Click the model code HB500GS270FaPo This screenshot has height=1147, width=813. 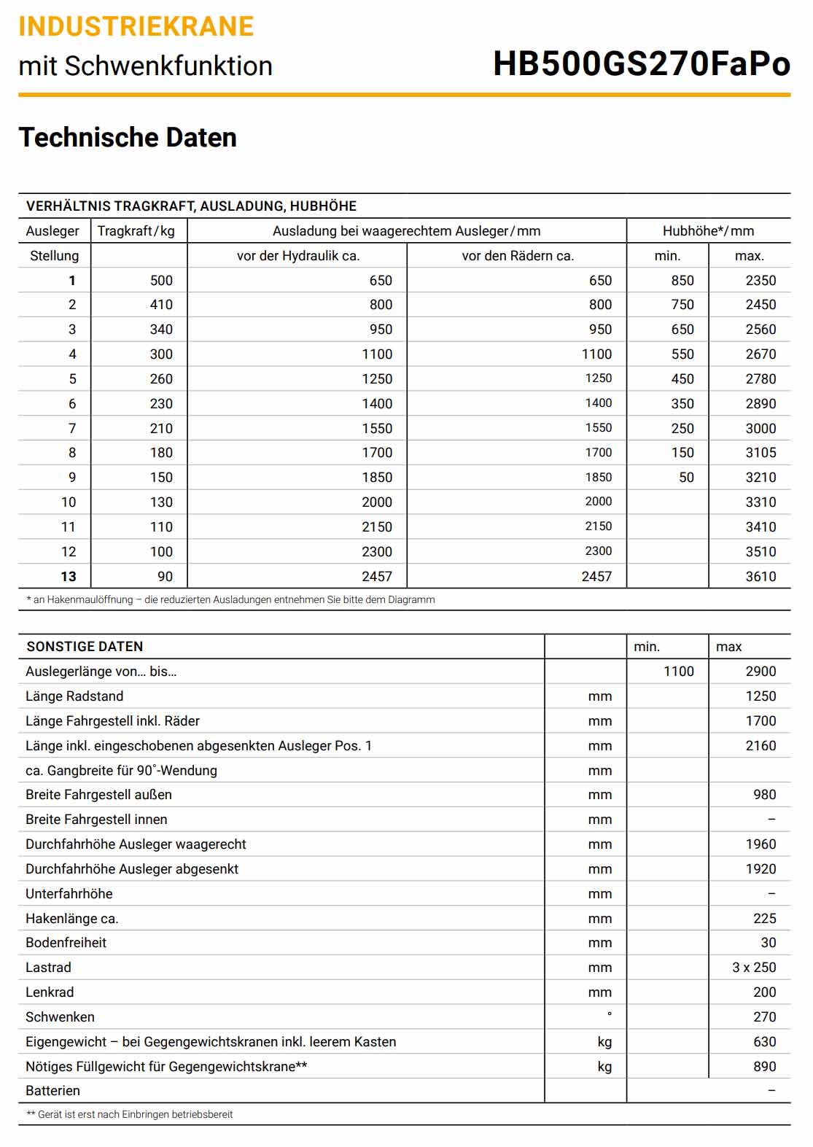641,64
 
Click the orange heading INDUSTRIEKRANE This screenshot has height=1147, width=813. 136,27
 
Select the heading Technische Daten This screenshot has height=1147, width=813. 128,138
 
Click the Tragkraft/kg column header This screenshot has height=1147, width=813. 136,231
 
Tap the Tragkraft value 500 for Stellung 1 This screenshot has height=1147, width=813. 161,281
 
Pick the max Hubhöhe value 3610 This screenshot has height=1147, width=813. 760,577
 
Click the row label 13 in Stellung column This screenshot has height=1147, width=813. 69,577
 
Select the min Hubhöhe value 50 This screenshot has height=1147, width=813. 686,478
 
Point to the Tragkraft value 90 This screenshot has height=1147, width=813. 166,577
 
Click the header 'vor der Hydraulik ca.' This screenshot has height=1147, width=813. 297,256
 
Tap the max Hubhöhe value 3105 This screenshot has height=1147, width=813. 760,453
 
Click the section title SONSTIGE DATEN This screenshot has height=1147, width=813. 85,647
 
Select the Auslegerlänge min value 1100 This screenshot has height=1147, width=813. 678,672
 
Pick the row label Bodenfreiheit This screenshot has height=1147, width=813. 66,943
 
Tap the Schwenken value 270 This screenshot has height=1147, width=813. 764,1017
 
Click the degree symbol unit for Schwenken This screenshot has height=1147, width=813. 609,1014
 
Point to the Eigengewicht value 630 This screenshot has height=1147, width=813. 764,1042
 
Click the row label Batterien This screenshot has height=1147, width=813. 52,1091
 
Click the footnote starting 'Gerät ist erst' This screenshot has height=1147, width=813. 130,1114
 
